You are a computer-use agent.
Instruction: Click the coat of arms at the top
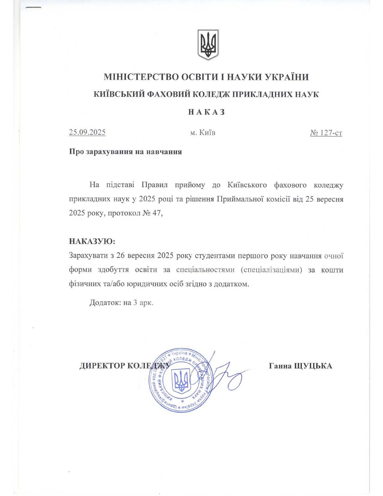208,44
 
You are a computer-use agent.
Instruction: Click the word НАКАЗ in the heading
206,112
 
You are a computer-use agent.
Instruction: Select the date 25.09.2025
87,132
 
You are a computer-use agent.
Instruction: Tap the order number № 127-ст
326,133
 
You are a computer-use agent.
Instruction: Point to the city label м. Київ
203,133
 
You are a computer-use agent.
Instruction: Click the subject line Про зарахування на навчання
125,152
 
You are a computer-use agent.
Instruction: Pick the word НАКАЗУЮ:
92,241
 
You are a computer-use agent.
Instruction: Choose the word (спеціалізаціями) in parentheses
271,270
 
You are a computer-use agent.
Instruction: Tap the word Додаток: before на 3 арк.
105,302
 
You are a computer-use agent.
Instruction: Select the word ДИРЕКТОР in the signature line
102,366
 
